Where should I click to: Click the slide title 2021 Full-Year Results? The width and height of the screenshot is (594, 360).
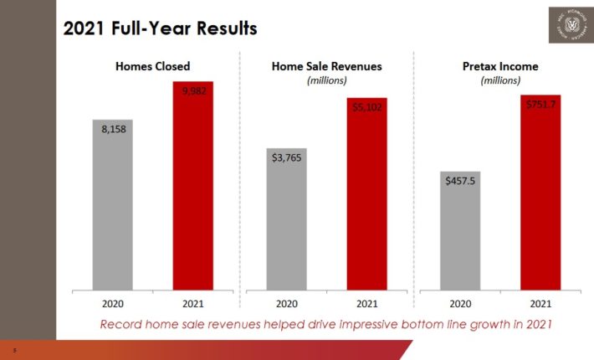tap(161, 28)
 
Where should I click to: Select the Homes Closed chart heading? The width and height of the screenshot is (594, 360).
tap(153, 65)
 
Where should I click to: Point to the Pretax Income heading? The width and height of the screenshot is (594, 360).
tap(501, 65)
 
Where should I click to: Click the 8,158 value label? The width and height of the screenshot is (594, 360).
tap(113, 131)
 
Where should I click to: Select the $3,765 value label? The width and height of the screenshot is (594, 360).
tap(287, 157)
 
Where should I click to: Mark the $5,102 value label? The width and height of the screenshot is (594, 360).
tap(367, 108)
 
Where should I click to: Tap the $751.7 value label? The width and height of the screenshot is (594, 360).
tap(540, 105)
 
